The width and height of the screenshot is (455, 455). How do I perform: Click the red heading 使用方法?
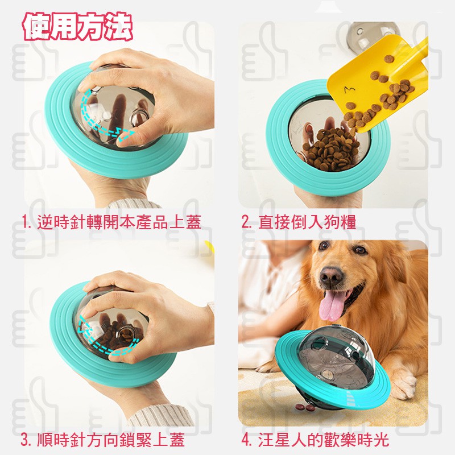pos(77,27)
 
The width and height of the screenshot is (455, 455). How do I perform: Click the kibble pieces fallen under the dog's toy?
pos(305,407)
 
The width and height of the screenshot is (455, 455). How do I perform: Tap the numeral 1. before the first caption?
pos(27,222)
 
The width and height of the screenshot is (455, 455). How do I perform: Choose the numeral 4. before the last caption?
pos(247,440)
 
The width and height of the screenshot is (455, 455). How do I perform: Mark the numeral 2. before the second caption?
pos(247,222)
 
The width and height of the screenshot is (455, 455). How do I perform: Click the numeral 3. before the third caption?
pos(26,440)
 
